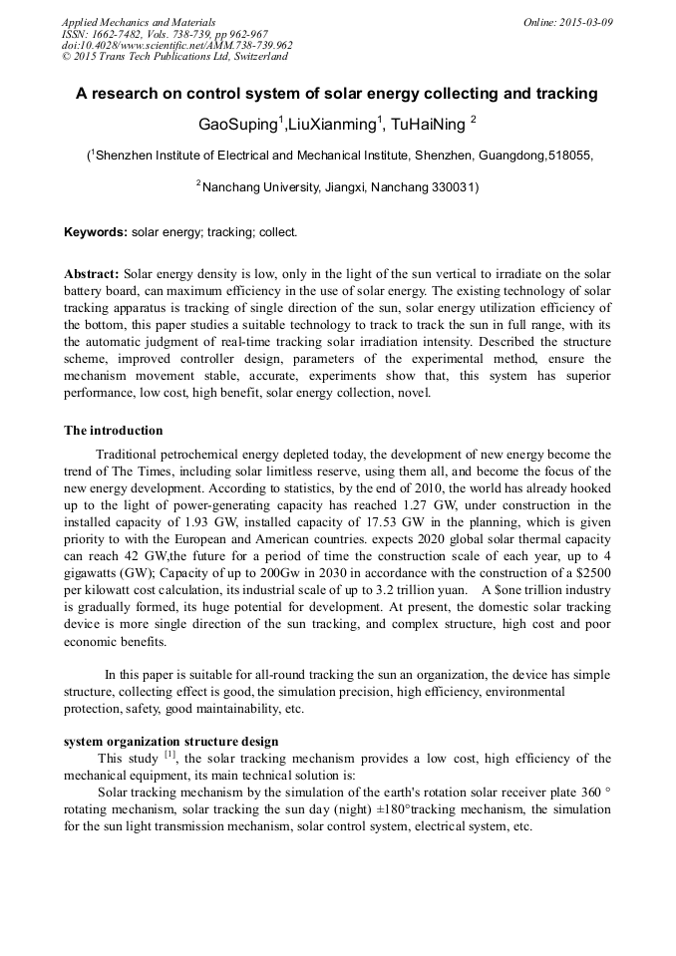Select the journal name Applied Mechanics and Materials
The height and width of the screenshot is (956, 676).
[138, 22]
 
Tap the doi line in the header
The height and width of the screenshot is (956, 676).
[176, 45]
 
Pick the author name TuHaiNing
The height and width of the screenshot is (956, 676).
[428, 124]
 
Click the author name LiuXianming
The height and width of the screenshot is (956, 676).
[331, 124]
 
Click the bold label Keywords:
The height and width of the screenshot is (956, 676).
[96, 232]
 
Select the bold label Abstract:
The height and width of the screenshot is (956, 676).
[92, 273]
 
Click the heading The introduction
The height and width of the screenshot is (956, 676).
[113, 431]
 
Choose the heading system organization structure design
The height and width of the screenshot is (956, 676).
[170, 742]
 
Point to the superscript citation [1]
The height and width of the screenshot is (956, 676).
[169, 756]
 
